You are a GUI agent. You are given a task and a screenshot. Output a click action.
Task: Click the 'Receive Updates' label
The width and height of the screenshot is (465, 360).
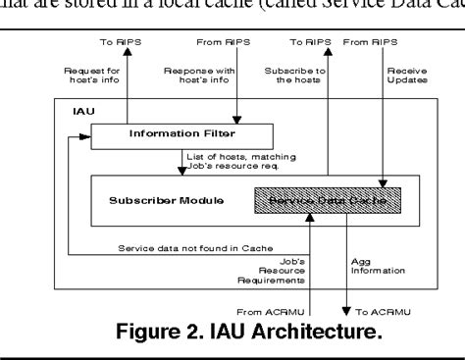[x=401, y=76]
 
